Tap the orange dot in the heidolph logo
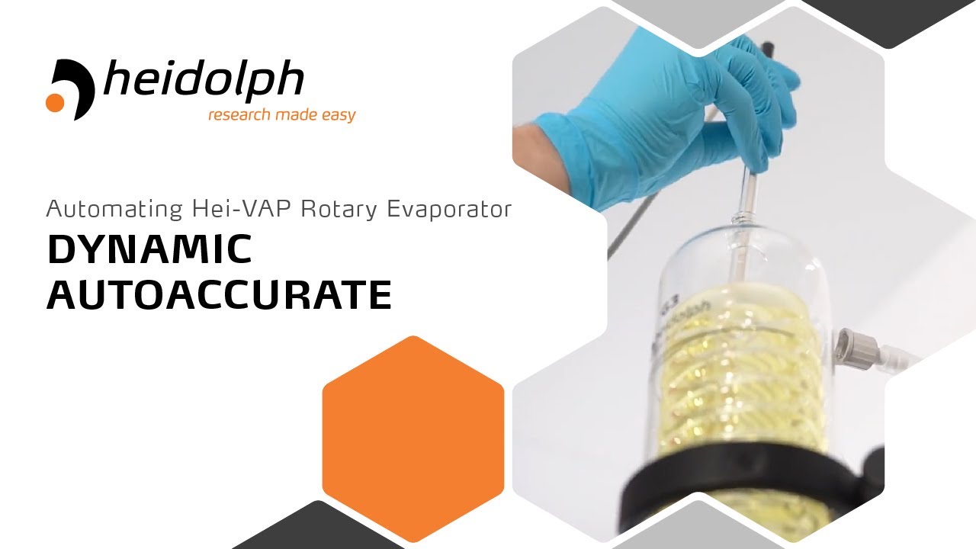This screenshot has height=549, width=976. tap(55, 103)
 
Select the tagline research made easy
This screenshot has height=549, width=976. tap(282, 115)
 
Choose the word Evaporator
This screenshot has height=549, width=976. tap(449, 209)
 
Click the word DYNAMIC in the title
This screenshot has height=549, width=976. tap(149, 249)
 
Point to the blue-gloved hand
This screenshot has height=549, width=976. tap(671, 107)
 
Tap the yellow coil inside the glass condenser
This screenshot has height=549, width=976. tap(732, 366)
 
